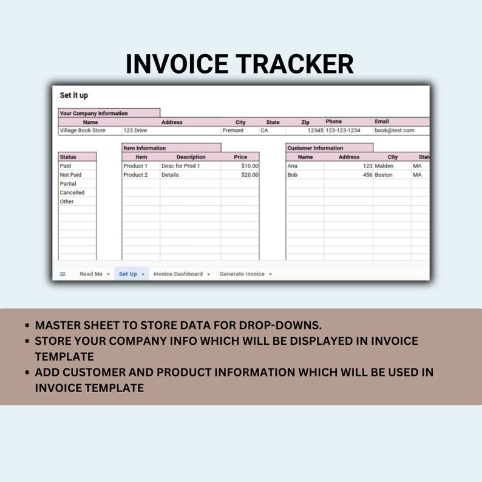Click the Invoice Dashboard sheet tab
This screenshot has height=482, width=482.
[x=178, y=274]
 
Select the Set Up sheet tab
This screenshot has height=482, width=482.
[x=127, y=274]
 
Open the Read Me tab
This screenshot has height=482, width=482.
[x=91, y=274]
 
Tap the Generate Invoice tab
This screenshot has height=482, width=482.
[x=242, y=274]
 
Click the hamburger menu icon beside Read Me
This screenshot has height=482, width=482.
[x=63, y=274]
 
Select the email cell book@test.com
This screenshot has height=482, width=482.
[x=395, y=131]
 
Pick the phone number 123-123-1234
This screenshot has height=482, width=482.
[x=343, y=131]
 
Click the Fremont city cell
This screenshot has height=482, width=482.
[x=233, y=131]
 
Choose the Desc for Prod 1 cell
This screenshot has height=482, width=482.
[x=181, y=166]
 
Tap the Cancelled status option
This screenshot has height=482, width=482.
[x=72, y=192]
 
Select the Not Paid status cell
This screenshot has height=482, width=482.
[x=70, y=175]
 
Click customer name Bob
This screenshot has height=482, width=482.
[x=293, y=175]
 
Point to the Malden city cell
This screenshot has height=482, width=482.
[x=384, y=166]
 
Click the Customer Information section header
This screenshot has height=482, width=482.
[x=315, y=148]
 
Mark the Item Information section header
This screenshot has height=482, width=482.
[x=144, y=148]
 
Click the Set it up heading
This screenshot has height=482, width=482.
[x=74, y=95]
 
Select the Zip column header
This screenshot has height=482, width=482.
[x=305, y=122]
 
